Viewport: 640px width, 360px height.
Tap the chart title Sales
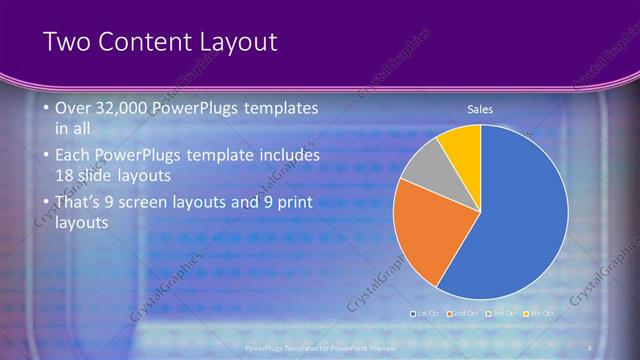tap(481, 109)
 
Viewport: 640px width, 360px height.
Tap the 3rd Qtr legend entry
tap(501, 313)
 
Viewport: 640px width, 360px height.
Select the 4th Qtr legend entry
tap(539, 313)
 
